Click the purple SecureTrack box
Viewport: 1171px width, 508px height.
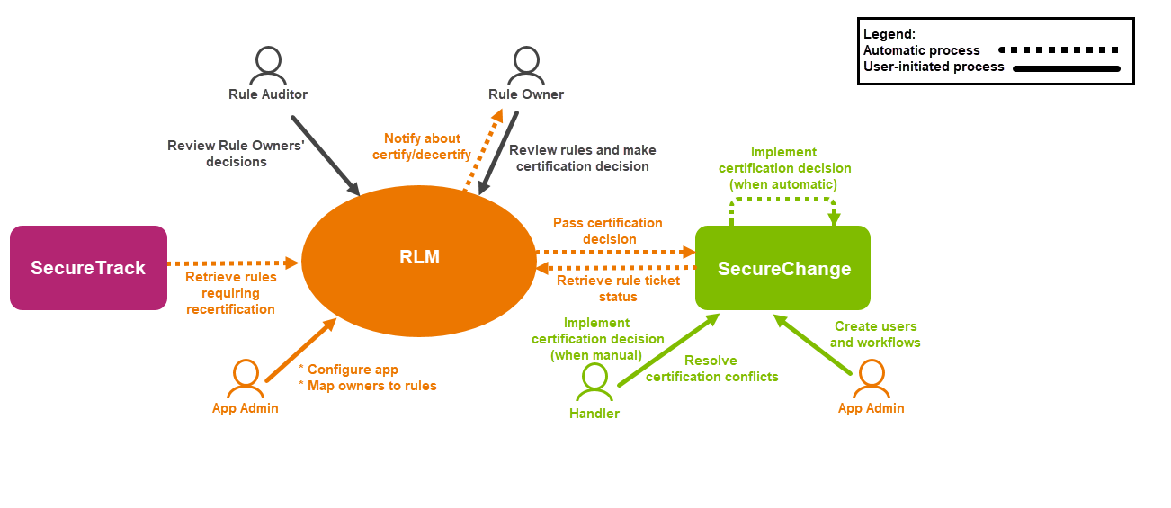[88, 268]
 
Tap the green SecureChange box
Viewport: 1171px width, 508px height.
[782, 268]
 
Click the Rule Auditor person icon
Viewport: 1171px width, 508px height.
[268, 67]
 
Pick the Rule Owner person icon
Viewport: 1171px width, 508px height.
[525, 67]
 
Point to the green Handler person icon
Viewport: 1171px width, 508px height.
[594, 381]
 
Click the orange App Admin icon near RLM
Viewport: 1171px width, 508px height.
[245, 379]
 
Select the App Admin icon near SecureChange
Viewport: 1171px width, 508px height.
[870, 379]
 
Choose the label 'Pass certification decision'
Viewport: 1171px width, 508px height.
[609, 231]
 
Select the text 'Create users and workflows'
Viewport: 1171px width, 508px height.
[875, 334]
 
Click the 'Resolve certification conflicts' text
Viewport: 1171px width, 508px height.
[711, 369]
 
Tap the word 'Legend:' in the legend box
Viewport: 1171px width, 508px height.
[889, 34]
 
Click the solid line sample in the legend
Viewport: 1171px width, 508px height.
[1066, 67]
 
